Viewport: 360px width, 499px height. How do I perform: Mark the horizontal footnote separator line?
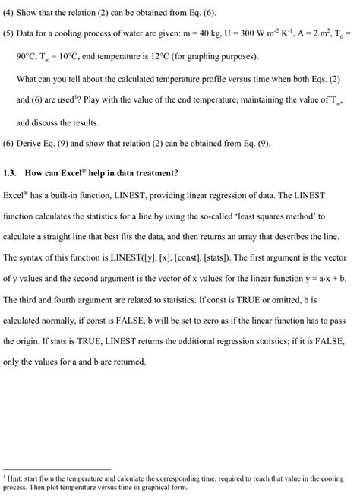click(x=57, y=469)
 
